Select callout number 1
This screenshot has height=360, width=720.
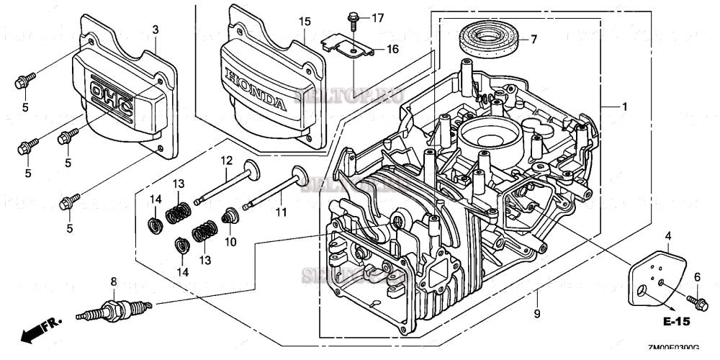(625, 107)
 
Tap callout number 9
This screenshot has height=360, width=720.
(537, 313)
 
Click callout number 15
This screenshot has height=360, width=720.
(304, 22)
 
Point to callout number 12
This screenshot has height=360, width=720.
(225, 160)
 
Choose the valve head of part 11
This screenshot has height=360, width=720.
(299, 175)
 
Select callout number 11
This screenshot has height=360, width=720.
(281, 212)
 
